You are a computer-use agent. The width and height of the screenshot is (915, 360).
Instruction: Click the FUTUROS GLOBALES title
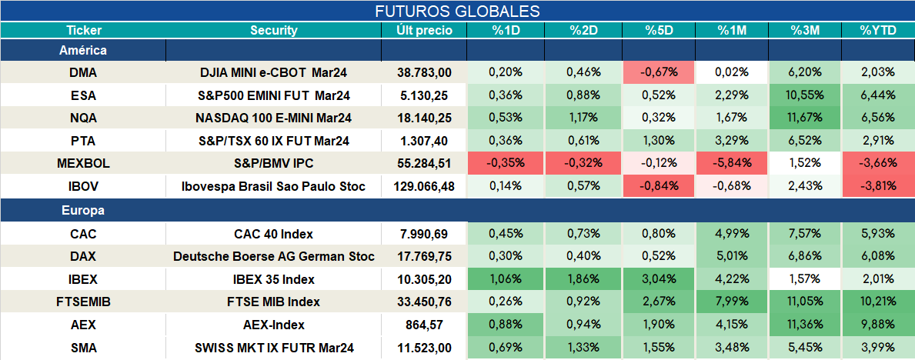point(457,11)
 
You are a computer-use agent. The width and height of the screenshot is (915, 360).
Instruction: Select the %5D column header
point(658,31)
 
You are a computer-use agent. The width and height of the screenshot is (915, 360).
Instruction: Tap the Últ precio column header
point(424,31)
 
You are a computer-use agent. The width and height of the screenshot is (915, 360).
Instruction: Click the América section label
point(83,51)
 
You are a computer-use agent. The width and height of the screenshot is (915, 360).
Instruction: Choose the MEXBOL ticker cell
point(83,163)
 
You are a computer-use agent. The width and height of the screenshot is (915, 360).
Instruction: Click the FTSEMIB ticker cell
point(83,302)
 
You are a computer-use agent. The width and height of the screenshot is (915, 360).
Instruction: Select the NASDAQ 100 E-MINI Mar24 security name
point(274,118)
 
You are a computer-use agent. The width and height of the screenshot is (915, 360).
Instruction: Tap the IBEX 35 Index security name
point(274,279)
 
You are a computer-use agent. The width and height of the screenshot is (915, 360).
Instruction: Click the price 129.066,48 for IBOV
point(424,187)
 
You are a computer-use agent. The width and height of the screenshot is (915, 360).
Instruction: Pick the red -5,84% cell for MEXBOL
point(731,163)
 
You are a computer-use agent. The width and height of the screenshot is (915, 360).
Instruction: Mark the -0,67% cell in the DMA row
point(658,72)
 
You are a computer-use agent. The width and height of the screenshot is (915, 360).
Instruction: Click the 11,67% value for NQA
point(805,118)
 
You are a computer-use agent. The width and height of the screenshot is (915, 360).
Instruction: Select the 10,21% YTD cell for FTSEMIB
point(878,302)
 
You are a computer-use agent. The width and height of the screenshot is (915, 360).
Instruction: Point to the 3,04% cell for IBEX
point(658,279)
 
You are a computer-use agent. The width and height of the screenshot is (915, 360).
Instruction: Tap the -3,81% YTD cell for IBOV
point(878,187)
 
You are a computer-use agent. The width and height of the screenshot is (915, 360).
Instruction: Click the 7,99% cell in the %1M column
point(731,302)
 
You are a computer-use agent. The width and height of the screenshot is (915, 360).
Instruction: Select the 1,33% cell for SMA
point(583,348)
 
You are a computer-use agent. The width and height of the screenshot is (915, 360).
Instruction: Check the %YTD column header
point(878,31)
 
